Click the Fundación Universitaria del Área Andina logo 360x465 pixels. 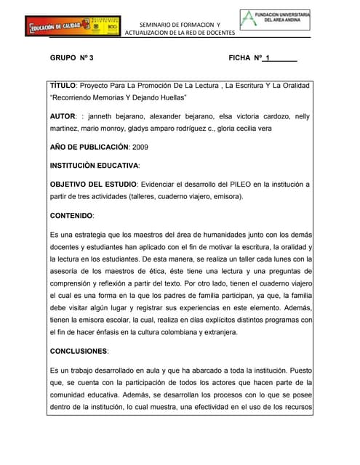(275, 20)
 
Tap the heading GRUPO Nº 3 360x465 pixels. (71, 57)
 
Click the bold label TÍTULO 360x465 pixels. (64, 86)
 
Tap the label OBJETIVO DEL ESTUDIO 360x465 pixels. (92, 185)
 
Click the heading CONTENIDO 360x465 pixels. (71, 216)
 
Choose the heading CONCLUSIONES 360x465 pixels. (79, 351)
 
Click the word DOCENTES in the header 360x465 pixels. (217, 33)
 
